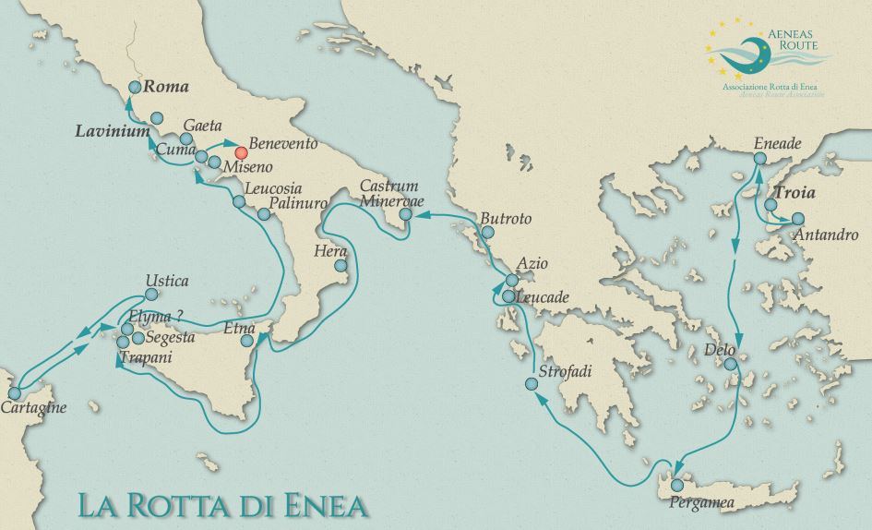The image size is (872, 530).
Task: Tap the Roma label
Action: [166, 88]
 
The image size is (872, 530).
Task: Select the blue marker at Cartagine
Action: [14, 393]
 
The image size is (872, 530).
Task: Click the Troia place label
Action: [798, 195]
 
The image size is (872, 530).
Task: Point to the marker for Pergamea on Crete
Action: [678, 485]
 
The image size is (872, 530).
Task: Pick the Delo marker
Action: [731, 365]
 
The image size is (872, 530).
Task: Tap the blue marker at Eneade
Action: [759, 158]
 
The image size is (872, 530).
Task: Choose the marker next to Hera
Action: [341, 267]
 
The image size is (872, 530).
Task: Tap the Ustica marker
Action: [150, 296]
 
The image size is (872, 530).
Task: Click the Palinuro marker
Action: [264, 214]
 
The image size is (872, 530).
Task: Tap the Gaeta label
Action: [201, 125]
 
